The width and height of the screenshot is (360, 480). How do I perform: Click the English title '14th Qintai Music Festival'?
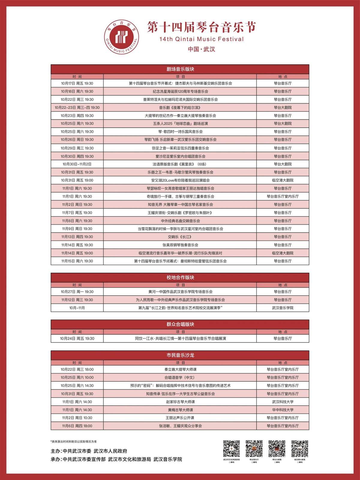pos(201,39)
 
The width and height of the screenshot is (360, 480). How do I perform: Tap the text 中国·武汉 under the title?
pos(201,49)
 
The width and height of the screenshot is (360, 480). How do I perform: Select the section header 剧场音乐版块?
pos(180,69)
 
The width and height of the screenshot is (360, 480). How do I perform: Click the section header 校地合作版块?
pos(180,277)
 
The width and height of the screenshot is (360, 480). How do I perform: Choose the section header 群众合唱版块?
pos(180,324)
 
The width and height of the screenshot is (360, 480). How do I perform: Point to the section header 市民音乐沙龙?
pos(180,355)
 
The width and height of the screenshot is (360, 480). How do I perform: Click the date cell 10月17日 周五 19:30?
pos(77,83)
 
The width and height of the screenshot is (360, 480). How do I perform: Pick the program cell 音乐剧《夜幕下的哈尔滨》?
pos(180,107)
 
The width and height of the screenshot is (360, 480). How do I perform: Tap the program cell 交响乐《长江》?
pos(180,237)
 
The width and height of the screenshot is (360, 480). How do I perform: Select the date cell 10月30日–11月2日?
pos(77,164)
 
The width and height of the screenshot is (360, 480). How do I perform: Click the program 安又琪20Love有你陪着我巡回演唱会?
pos(180,180)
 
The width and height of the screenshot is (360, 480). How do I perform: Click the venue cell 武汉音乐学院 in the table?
pos(283,308)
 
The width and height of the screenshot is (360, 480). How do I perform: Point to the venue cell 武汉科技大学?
pos(283,402)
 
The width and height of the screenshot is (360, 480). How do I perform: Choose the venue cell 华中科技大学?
pos(283,410)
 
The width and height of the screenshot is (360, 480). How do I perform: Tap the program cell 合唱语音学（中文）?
pos(180,377)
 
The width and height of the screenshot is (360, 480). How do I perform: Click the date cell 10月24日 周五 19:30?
pos(77,338)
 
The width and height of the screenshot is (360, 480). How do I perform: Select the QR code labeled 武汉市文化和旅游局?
pos(231,448)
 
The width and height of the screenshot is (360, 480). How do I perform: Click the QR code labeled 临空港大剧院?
pos(299,448)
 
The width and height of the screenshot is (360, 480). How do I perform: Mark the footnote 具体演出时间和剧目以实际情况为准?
pos(74,442)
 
